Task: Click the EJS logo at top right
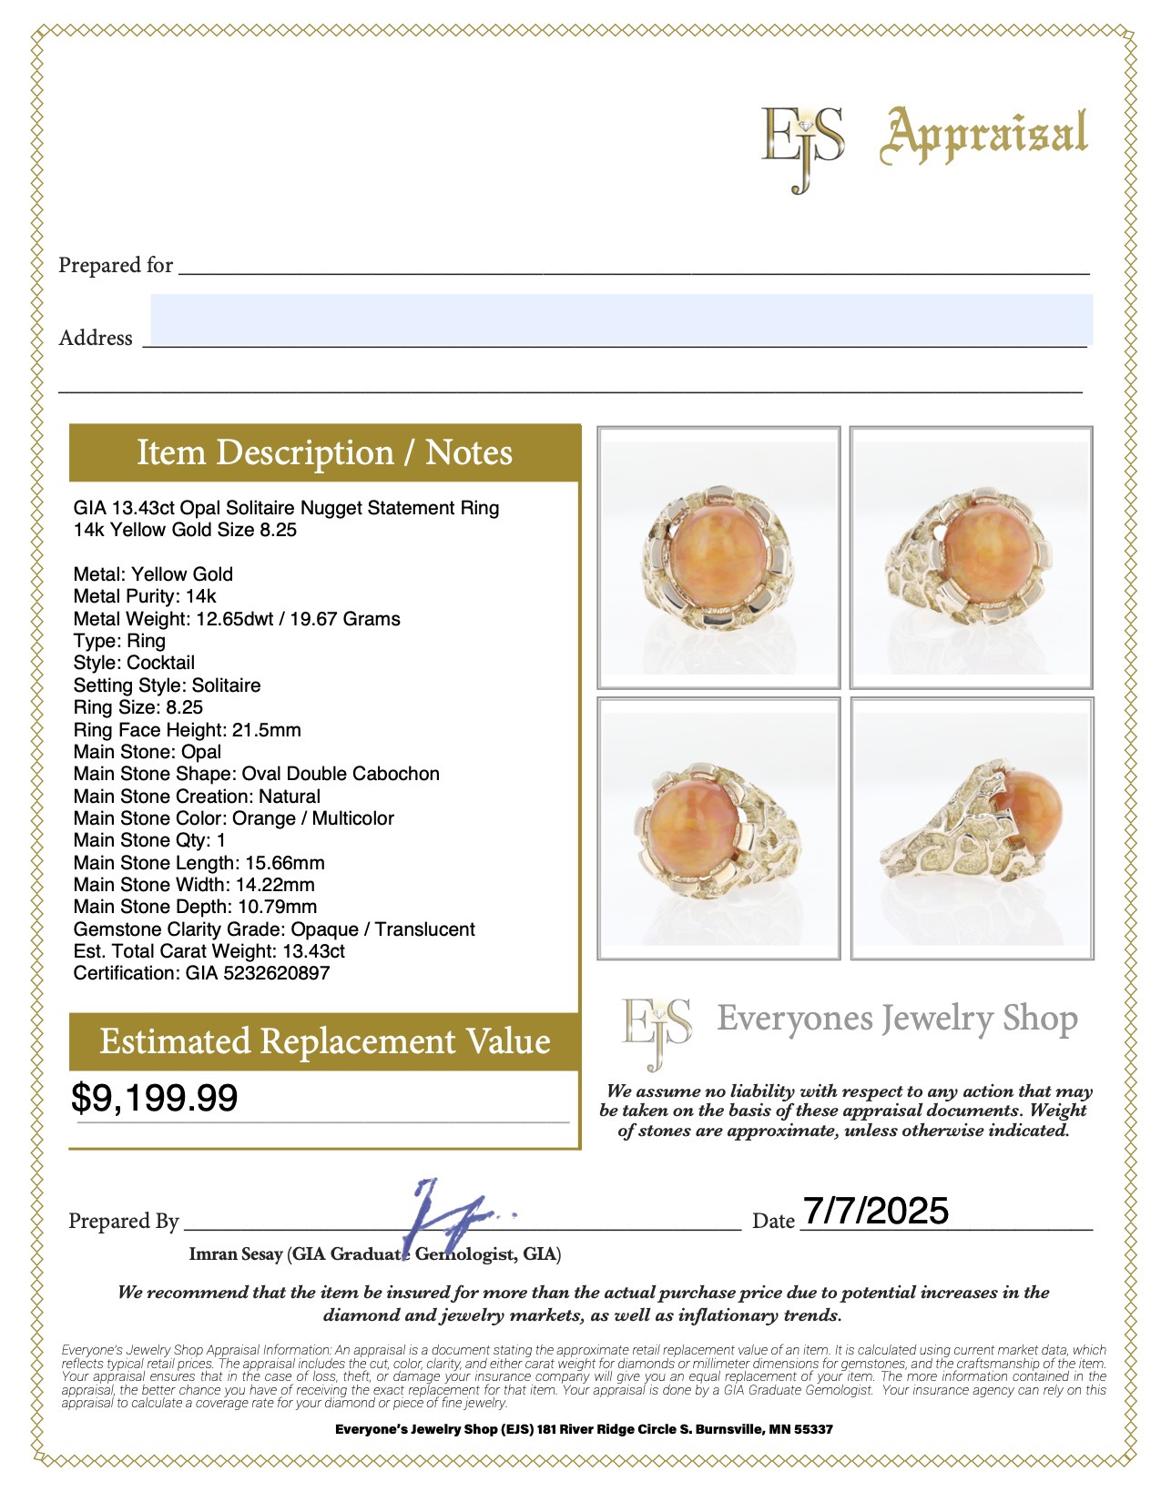click(x=802, y=147)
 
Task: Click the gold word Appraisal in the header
click(x=983, y=135)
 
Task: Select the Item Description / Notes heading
click(x=324, y=452)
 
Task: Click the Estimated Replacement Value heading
click(x=324, y=1041)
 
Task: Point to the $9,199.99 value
click(x=155, y=1099)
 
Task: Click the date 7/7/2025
click(x=875, y=1211)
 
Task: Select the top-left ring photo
click(x=718, y=557)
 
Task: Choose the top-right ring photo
click(x=971, y=557)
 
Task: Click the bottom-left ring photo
click(x=718, y=828)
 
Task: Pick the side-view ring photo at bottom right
click(x=972, y=828)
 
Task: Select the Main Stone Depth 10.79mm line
click(x=195, y=907)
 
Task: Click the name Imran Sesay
click(x=236, y=1254)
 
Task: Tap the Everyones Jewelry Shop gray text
click(x=897, y=1019)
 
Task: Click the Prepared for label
click(x=116, y=266)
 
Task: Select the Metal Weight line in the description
click(x=237, y=619)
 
